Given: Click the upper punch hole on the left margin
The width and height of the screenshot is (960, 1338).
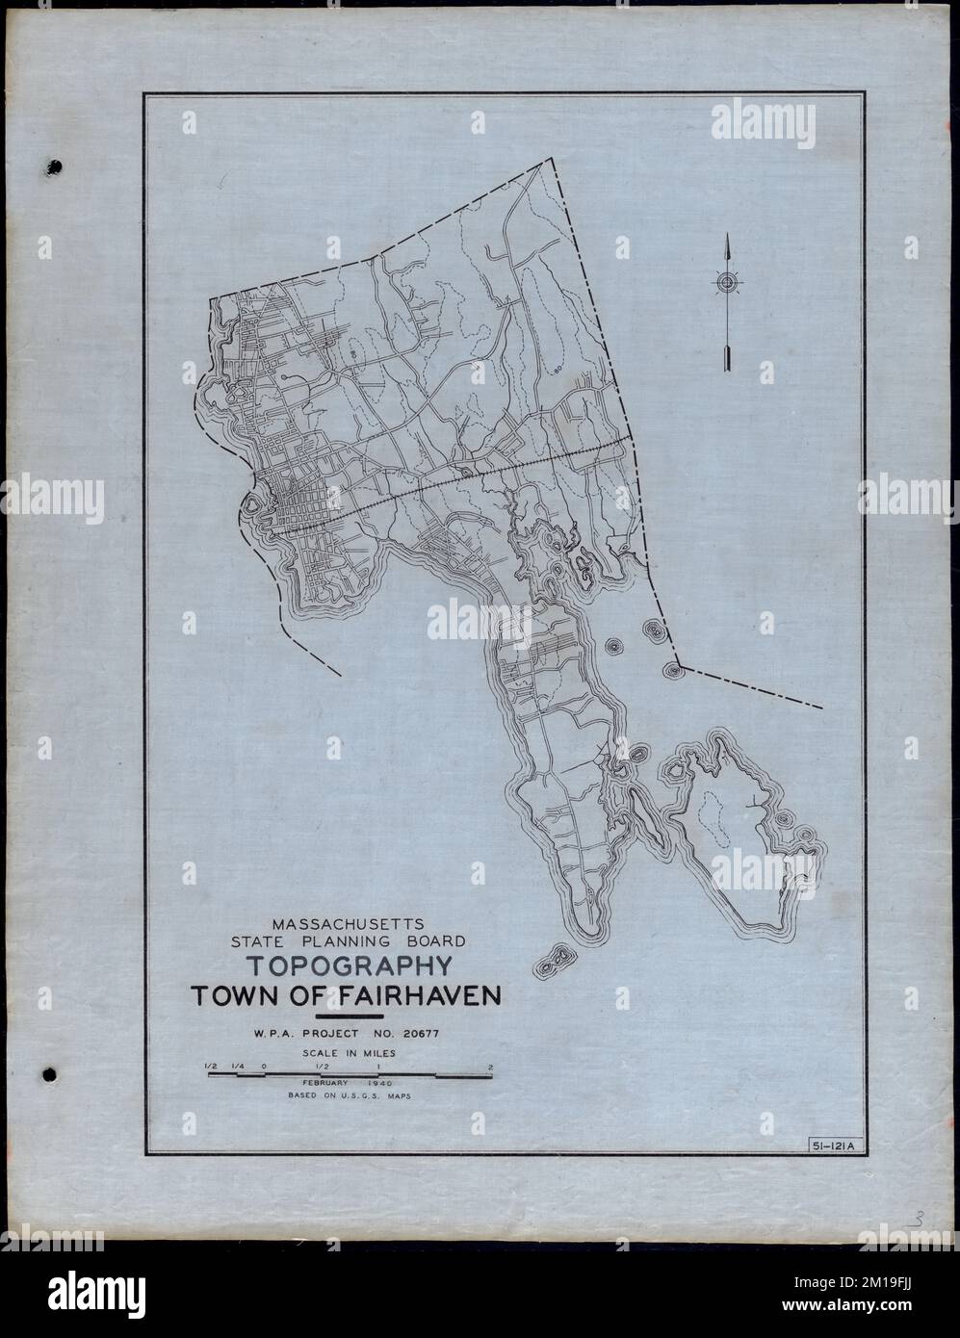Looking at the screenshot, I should coord(54,167).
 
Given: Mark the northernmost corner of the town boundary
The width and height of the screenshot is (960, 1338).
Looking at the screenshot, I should coord(553,159).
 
